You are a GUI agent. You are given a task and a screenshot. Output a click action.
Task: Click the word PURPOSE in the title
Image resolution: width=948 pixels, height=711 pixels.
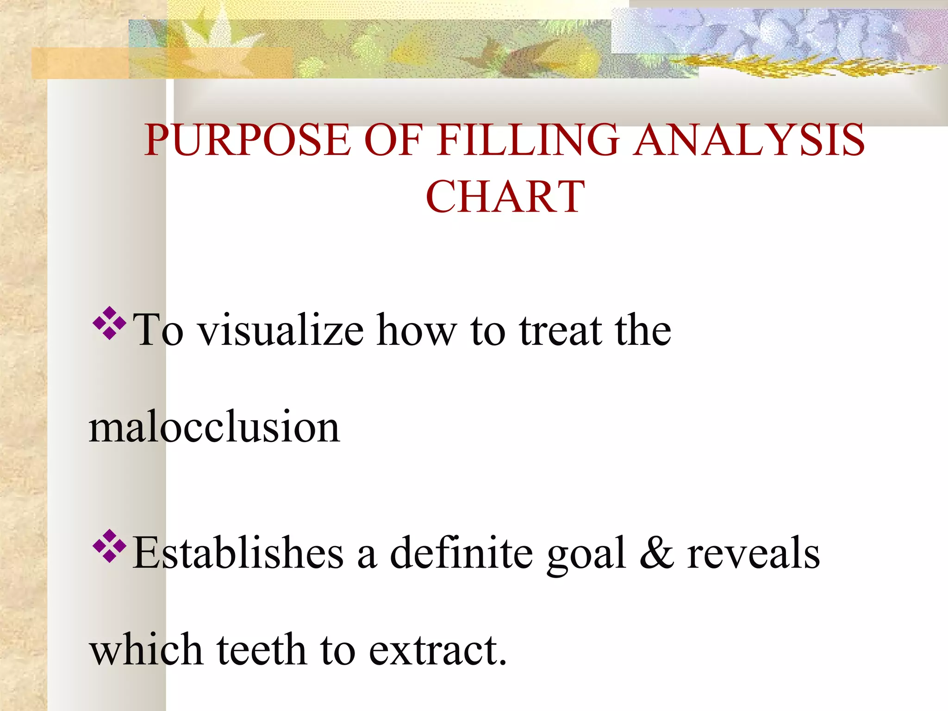(247, 140)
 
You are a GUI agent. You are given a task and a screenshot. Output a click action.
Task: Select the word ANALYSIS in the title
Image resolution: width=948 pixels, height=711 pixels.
(748, 140)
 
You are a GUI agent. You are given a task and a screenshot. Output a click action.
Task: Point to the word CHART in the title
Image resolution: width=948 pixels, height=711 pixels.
(505, 197)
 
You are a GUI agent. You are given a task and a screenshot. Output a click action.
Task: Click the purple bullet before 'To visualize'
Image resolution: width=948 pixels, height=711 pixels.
(109, 323)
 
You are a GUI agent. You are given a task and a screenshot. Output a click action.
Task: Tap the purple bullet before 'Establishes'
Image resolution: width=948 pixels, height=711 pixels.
(109, 546)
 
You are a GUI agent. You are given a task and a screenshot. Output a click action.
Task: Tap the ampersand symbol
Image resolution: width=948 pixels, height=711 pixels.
(656, 553)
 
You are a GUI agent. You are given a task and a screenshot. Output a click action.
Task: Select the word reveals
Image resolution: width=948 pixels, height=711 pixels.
(753, 553)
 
